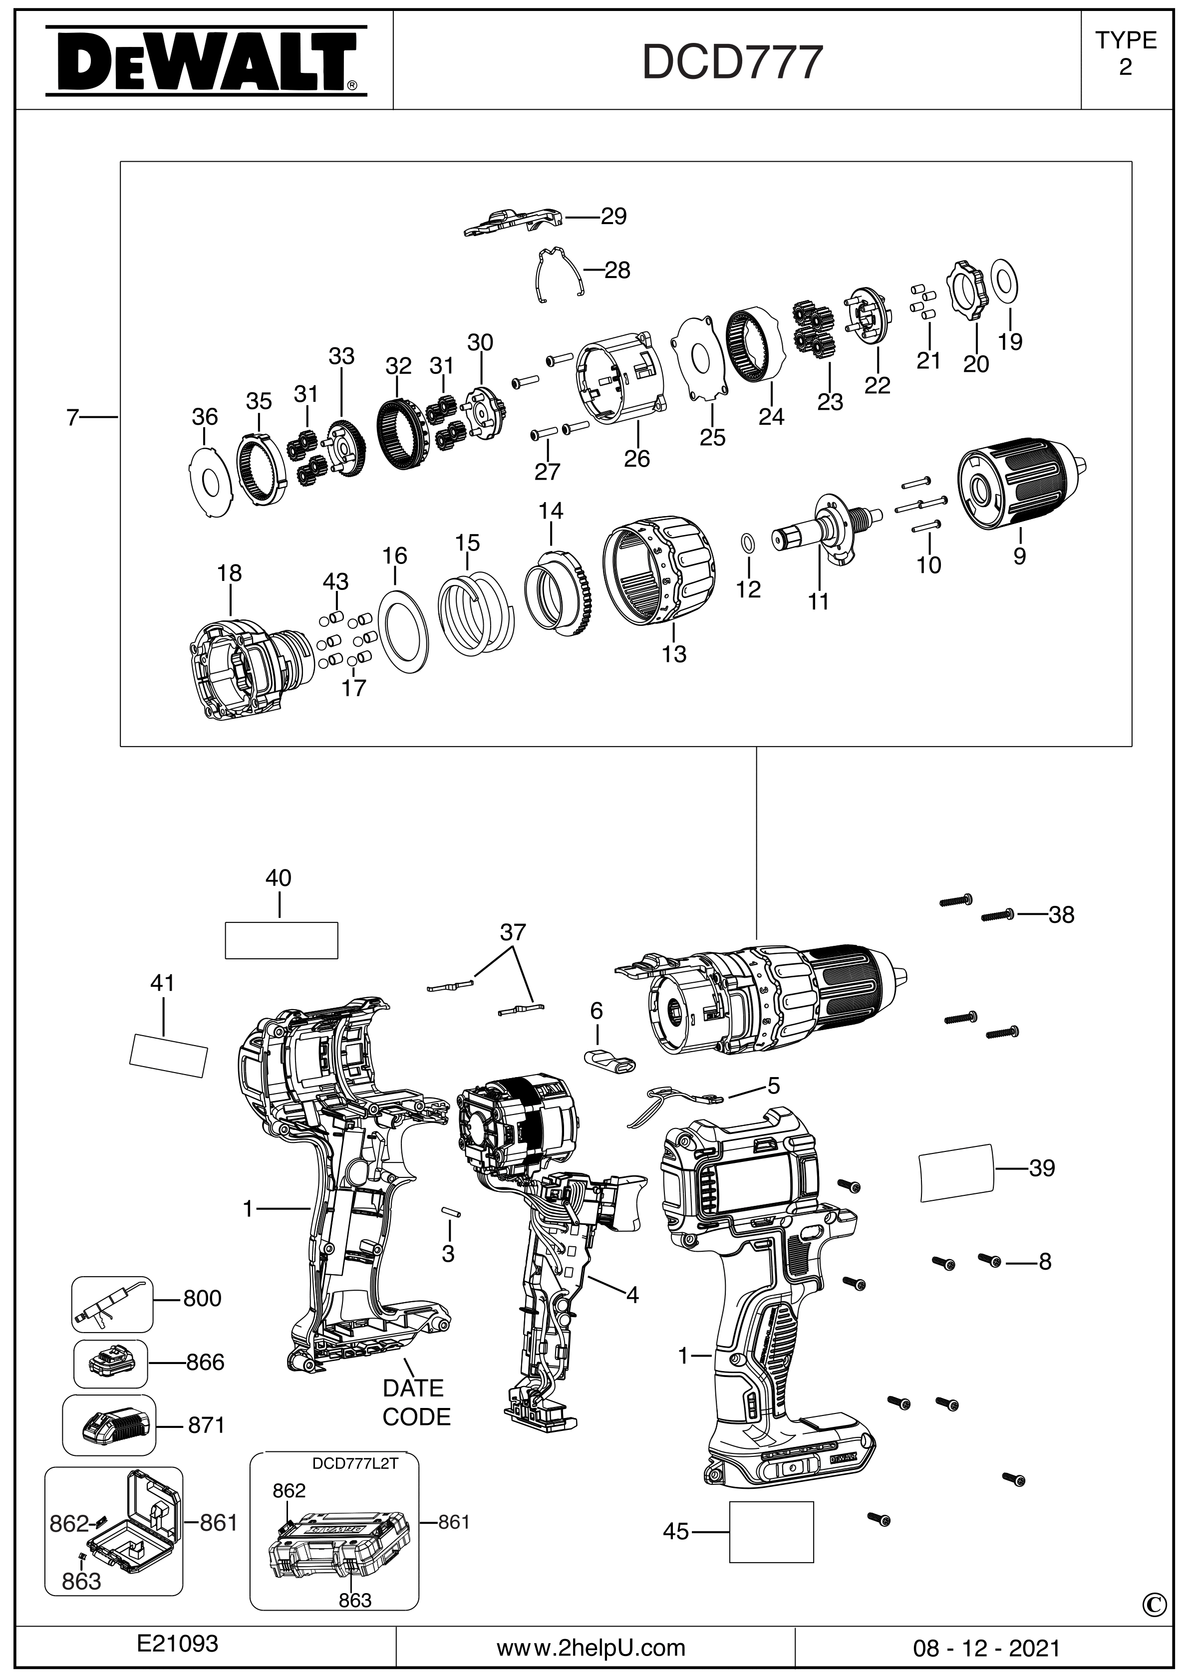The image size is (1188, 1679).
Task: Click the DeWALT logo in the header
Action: [x=206, y=61]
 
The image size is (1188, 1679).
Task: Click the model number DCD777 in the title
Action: [x=732, y=63]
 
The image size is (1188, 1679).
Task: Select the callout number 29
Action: [x=614, y=217]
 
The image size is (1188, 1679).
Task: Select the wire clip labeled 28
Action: [x=558, y=274]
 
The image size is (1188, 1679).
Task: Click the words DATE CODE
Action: [x=415, y=1402]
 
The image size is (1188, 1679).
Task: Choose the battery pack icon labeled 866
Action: [x=110, y=1363]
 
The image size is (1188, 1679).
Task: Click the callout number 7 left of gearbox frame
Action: [x=72, y=418]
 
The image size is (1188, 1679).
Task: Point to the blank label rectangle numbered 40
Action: [x=281, y=940]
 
